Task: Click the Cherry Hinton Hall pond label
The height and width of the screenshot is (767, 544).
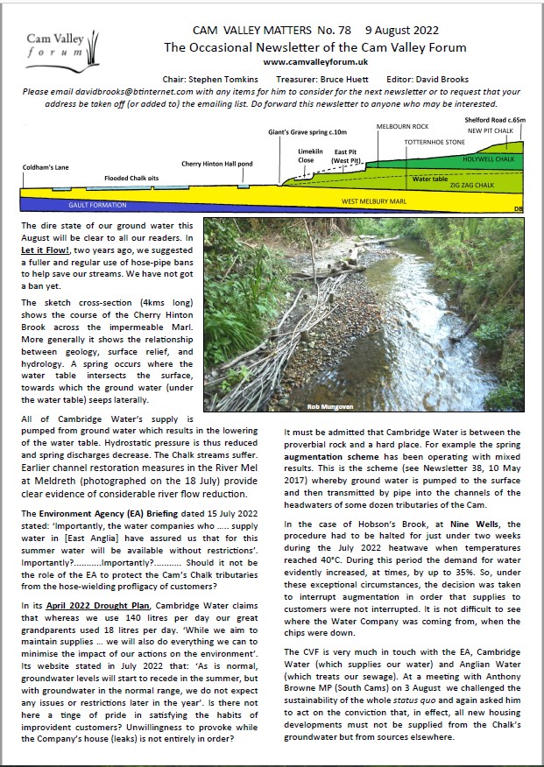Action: (217, 164)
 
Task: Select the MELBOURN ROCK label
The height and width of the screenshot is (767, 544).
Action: (403, 127)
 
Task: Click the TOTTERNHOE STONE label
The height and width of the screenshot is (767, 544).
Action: (435, 141)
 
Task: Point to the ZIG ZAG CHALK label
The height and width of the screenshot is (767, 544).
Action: (474, 186)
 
